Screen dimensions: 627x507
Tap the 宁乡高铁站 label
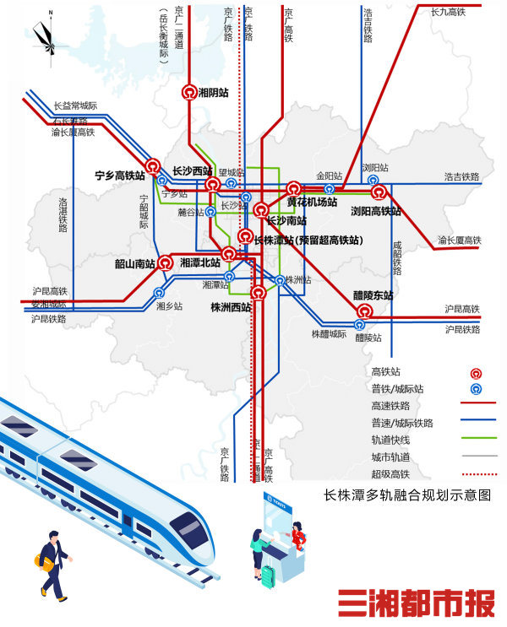(x=119, y=176)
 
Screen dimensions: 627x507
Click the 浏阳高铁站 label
(x=376, y=211)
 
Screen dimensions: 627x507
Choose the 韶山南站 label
(x=135, y=263)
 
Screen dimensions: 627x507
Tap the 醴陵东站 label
(x=373, y=295)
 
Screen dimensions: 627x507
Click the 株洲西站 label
(x=231, y=308)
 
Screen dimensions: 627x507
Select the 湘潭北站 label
(x=200, y=263)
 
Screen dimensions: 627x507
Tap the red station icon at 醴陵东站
(x=364, y=311)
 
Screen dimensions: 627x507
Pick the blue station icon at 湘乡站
(x=160, y=294)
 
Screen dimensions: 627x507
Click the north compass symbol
(x=47, y=34)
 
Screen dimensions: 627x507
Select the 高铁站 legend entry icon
(x=477, y=372)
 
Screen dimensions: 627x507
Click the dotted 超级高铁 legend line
(x=478, y=473)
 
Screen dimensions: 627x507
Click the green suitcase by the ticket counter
(x=270, y=576)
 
